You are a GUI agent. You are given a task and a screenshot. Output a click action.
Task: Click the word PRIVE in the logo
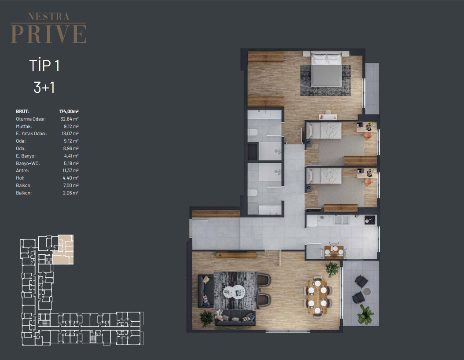[48, 34]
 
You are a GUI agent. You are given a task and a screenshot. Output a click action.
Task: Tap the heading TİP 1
[44, 66]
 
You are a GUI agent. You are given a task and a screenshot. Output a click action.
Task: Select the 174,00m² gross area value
[69, 111]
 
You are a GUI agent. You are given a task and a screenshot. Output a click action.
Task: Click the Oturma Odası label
[31, 119]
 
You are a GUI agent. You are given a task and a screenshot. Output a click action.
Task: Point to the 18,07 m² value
[70, 134]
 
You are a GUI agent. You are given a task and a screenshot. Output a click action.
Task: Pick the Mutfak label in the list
[24, 126]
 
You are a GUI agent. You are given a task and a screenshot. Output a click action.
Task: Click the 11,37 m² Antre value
[70, 171]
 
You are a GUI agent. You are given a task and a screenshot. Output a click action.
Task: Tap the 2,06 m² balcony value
[70, 193]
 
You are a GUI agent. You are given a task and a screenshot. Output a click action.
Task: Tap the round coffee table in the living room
[234, 292]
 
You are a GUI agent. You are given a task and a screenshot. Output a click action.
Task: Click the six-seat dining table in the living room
[317, 297]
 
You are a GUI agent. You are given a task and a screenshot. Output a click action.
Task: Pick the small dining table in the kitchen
[334, 252]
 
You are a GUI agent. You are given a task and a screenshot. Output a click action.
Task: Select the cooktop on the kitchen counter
[370, 220]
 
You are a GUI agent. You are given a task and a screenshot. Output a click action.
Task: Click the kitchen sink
[342, 220]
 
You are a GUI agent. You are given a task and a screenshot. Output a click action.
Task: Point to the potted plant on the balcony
[365, 315]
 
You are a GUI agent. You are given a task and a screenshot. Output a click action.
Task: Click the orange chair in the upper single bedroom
[368, 136]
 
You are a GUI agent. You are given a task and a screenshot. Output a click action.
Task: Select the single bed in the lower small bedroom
[324, 176]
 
